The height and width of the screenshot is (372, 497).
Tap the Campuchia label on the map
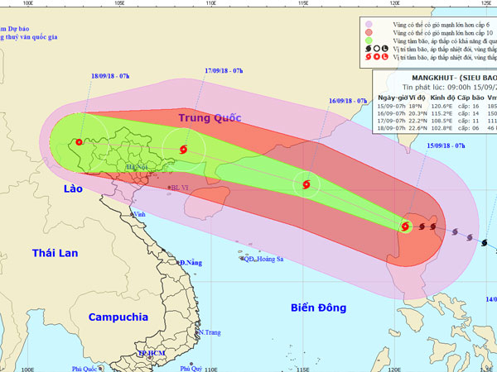(120, 316)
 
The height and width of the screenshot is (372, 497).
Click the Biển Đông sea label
(318, 308)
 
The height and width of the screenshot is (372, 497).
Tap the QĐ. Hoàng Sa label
(264, 259)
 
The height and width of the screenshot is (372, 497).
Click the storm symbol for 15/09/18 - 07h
(406, 226)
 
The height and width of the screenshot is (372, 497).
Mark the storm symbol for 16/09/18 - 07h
(307, 185)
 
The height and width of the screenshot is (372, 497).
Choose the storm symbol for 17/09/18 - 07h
(181, 149)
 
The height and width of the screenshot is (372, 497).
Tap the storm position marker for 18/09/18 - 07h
(79, 141)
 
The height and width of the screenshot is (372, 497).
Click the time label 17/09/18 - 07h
(224, 70)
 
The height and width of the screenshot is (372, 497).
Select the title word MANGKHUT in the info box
(403, 84)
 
